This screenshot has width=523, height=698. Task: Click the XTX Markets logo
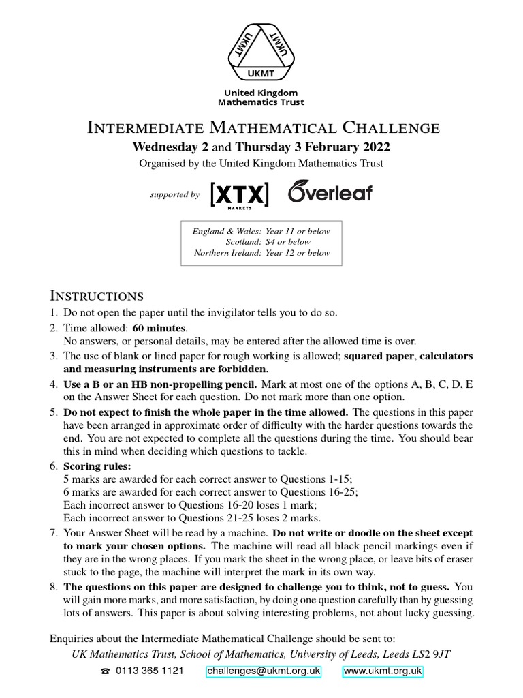240,194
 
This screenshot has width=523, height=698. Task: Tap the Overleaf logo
330,192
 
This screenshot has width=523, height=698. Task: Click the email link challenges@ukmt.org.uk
264,671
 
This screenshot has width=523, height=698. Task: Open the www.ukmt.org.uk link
383,671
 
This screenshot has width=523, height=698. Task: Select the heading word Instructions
97,296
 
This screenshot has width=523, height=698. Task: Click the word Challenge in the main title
391,127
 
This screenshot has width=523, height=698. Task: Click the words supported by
175,195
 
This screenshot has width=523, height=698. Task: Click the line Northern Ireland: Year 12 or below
261,252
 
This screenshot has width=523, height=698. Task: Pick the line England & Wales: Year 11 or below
261,231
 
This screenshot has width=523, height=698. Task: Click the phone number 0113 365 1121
150,671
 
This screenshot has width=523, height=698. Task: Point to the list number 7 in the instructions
54,532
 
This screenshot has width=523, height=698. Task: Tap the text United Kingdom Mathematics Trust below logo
261,97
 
